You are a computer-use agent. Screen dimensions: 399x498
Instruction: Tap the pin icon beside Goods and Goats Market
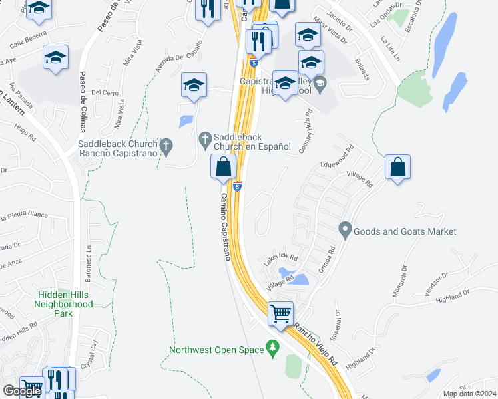coord(344,231)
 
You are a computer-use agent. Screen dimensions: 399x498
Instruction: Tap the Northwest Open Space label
coord(216,350)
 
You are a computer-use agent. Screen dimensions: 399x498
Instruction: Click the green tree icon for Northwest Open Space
coord(272,347)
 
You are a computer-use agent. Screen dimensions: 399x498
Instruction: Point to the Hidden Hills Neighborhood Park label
coord(63,303)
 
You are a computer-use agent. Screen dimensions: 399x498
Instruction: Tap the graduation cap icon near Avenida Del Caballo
coord(194,85)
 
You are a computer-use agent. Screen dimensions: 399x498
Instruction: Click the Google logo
coord(22,391)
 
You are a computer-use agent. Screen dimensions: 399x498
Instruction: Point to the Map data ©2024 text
coord(469,394)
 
